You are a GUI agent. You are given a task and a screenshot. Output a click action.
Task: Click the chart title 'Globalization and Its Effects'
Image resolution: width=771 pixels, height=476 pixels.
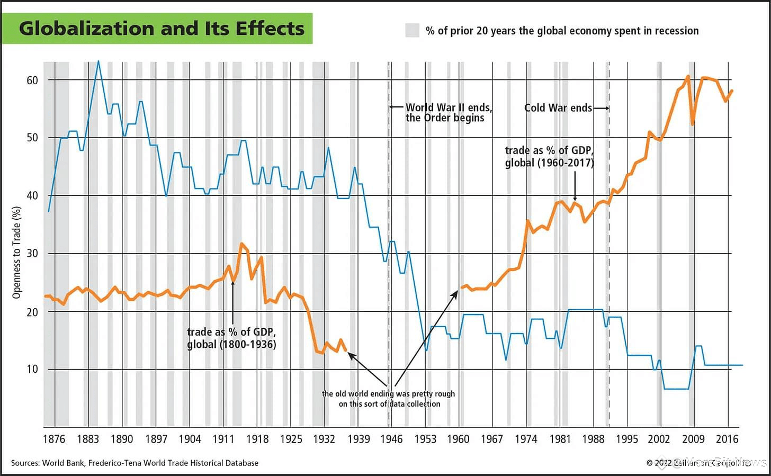coord(162,28)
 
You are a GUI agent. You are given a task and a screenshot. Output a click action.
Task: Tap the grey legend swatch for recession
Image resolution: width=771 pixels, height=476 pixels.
coord(412,30)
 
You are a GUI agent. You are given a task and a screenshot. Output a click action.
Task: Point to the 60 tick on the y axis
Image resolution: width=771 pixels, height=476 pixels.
coord(32,80)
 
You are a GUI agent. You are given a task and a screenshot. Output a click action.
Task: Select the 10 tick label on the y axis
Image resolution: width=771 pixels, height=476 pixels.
coord(32,369)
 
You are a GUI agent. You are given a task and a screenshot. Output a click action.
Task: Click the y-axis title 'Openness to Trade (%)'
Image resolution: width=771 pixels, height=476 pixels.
coord(16,253)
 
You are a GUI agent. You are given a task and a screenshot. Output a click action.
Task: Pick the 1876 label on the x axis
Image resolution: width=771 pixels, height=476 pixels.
coord(53,439)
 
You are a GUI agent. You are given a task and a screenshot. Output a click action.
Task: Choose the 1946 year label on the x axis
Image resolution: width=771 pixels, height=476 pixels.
coord(391,439)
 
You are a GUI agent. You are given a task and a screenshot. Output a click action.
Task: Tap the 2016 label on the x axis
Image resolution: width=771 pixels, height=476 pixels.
coord(727,439)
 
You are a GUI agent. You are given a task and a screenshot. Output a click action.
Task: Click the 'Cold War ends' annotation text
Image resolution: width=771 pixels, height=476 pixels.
coord(558,108)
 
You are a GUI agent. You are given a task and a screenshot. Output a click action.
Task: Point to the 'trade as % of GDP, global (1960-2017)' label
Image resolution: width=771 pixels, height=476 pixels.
coord(549,157)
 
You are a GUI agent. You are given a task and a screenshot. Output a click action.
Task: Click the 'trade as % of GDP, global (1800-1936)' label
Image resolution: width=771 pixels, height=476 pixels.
coord(231,338)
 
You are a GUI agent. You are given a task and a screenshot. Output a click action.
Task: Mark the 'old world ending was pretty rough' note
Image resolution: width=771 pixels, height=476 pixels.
coord(389,399)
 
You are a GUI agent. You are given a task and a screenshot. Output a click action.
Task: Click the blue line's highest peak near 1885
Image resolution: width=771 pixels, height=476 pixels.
coord(98,61)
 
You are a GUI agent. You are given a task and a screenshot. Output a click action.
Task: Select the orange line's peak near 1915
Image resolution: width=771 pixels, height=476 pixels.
coord(241,244)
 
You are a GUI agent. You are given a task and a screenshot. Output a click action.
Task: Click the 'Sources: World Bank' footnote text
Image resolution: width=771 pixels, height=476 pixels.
coord(135,463)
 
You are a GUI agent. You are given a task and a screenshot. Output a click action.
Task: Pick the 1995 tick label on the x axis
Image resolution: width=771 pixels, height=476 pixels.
coord(626,439)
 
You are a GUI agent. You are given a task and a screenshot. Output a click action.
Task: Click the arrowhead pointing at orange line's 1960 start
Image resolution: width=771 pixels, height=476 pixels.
coord(456,292)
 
